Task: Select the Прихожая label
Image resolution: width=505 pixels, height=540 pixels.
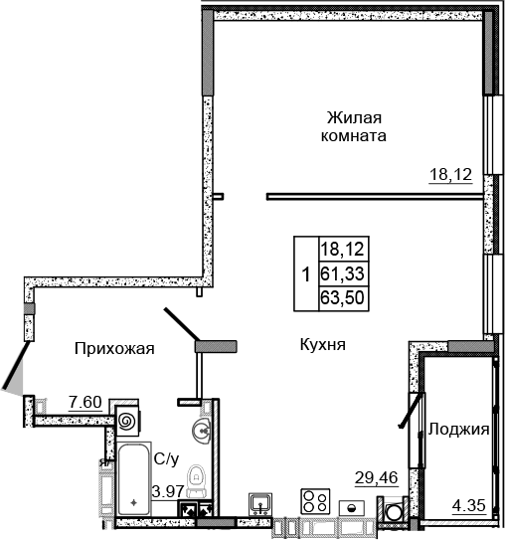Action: coord(114,347)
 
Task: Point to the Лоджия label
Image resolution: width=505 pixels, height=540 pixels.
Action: coord(458,430)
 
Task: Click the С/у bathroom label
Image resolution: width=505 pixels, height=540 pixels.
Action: coord(165,459)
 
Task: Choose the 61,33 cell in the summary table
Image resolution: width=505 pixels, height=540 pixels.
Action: coord(341,271)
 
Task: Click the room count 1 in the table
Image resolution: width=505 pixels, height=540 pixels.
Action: coord(305,271)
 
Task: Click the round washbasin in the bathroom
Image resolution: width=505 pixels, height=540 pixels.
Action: coord(202,432)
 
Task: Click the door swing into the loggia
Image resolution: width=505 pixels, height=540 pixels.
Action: coord(408,409)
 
